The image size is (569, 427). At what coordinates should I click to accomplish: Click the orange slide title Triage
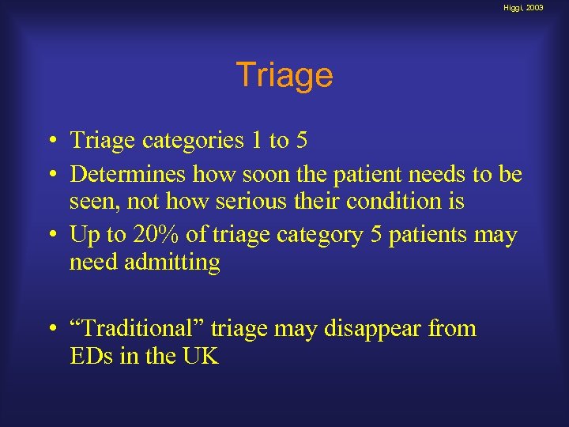pos(284,76)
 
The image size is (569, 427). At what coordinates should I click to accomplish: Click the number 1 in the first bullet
pos(257,141)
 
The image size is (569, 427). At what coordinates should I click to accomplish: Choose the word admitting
pos(171,263)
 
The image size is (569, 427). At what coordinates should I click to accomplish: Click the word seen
pos(89,202)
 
